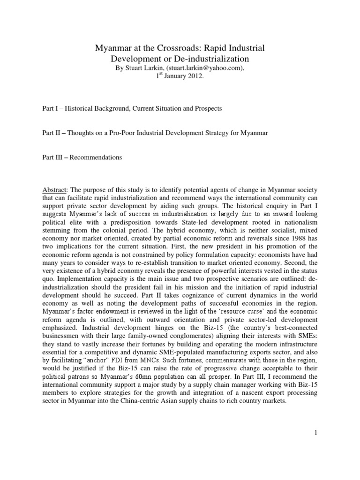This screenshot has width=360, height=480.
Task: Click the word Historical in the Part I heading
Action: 83,109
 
